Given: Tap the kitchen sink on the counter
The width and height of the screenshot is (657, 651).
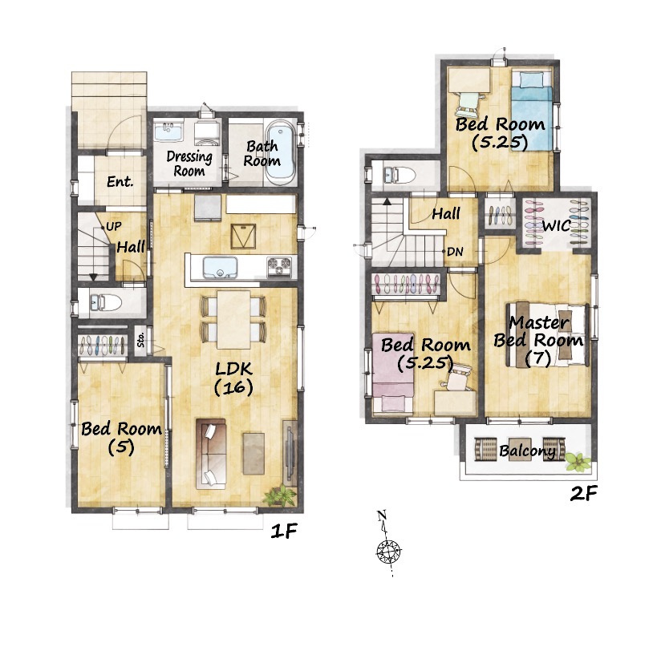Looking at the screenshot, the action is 220,268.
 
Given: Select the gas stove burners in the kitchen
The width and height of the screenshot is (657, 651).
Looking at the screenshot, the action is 279,267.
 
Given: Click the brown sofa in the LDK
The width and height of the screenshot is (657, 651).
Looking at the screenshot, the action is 211,454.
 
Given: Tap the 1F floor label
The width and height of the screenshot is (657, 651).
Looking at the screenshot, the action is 284,532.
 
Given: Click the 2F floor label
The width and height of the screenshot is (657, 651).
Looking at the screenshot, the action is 583,494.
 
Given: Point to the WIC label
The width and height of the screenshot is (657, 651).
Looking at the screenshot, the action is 557,226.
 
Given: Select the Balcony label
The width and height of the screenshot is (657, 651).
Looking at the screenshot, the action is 528,451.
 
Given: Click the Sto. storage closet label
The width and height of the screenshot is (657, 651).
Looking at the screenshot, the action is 141,340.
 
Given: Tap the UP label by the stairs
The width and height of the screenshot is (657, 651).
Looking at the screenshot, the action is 113,227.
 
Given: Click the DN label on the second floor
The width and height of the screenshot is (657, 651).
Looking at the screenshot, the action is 455,252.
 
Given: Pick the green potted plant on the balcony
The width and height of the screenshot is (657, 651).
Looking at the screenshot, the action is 578,462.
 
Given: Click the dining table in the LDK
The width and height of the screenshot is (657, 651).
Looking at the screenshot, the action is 233,319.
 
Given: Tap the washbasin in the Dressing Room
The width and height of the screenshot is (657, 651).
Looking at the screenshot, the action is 168,131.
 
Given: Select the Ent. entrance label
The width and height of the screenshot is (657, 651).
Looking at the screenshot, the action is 120,182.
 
